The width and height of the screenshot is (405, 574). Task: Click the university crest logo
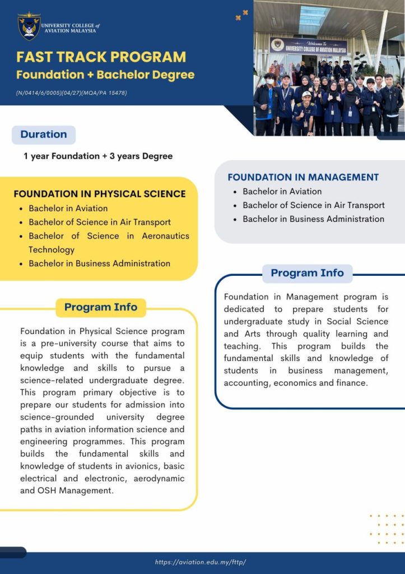[29, 26]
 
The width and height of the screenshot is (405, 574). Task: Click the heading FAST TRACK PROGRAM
[101, 57]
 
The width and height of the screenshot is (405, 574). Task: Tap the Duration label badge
[44, 135]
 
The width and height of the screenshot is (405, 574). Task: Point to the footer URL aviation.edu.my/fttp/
[200, 562]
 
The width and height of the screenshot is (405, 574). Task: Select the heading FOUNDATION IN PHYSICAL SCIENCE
[100, 193]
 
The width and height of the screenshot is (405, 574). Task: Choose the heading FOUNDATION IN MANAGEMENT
[303, 177]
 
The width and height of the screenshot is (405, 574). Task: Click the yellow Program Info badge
[101, 307]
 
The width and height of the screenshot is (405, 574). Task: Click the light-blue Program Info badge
[308, 273]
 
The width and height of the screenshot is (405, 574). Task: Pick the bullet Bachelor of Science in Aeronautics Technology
[109, 243]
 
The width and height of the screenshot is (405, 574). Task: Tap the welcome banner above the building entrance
[309, 46]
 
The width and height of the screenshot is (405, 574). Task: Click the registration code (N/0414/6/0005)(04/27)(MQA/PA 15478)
[71, 93]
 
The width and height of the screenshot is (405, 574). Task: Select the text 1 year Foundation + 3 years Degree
[98, 156]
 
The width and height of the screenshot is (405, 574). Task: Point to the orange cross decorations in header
[241, 15]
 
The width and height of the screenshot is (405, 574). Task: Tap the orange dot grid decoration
[387, 529]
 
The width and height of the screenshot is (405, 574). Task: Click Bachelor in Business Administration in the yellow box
[100, 263]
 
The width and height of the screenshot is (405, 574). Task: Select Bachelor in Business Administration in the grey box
[314, 219]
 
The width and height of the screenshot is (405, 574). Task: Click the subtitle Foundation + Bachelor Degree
[105, 75]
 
